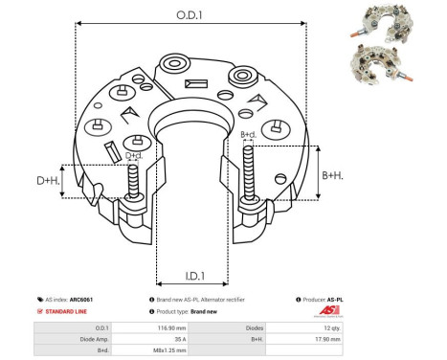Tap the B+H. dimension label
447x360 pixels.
(332, 175)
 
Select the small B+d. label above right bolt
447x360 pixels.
(247, 134)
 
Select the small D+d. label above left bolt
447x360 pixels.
(135, 155)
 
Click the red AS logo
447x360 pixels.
(326, 312)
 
